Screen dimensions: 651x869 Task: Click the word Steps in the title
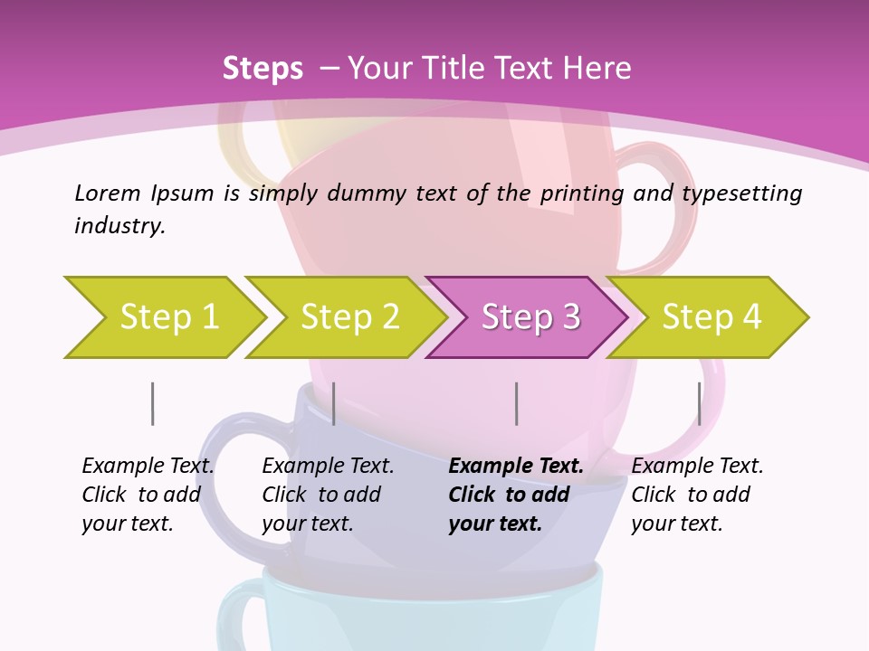(263, 69)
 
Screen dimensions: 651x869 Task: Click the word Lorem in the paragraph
(107, 193)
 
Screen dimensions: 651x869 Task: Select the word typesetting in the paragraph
(741, 193)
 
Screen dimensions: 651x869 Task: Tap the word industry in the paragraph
(119, 226)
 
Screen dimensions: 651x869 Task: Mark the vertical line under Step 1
(152, 403)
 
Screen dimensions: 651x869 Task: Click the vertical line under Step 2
(334, 403)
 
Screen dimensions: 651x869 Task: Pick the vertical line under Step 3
(516, 403)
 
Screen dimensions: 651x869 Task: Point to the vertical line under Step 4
(699, 403)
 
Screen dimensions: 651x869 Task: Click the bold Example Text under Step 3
(516, 467)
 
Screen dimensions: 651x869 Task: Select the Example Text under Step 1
(148, 467)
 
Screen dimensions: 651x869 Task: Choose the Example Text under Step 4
(697, 467)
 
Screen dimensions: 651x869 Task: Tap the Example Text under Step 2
(328, 467)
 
